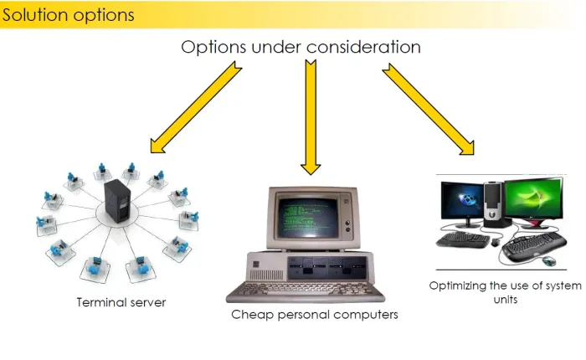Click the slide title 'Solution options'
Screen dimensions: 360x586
pyautogui.click(x=67, y=15)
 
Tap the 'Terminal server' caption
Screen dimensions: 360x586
pyautogui.click(x=121, y=302)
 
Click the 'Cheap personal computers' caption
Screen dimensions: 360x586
pyautogui.click(x=315, y=315)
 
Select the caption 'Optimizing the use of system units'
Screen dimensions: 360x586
pyautogui.click(x=505, y=291)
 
